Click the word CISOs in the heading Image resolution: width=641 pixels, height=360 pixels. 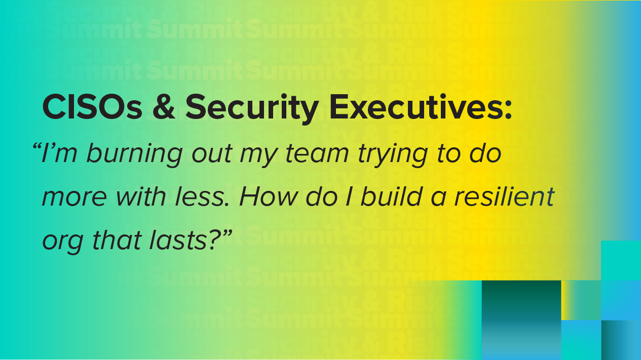(x=92, y=107)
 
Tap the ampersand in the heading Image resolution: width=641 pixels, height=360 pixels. (x=164, y=107)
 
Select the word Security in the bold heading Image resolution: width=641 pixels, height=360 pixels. (x=252, y=109)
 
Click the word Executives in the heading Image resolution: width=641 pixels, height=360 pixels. (x=417, y=106)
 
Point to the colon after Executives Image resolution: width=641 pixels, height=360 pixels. (x=508, y=110)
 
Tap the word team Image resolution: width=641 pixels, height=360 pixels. (x=317, y=154)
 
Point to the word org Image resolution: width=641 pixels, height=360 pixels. (x=63, y=243)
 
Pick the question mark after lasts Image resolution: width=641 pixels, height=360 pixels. (x=214, y=239)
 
